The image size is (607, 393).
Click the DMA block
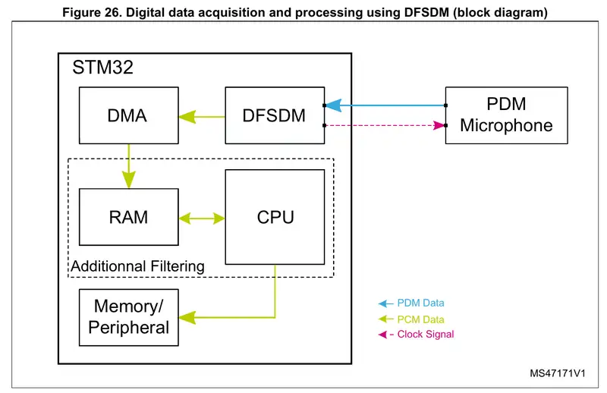click(128, 116)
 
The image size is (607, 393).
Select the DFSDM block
click(274, 116)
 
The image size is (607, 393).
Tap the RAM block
click(128, 217)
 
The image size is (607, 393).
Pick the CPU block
click(275, 217)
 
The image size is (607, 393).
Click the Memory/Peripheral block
click(128, 317)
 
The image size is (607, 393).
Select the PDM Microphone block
click(506, 115)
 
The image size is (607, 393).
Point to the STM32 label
click(102, 68)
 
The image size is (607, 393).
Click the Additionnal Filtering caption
click(137, 266)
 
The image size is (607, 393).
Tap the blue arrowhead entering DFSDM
click(333, 105)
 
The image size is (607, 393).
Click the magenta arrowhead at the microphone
click(438, 125)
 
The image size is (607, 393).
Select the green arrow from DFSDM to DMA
click(202, 117)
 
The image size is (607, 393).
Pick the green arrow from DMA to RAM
click(129, 167)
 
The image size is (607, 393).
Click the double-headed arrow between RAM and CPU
click(202, 218)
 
